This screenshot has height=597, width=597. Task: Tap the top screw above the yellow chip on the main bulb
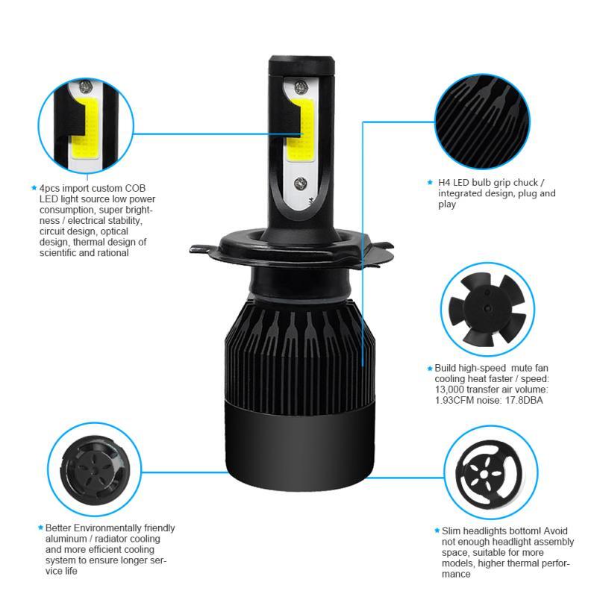pyautogui.click(x=300, y=87)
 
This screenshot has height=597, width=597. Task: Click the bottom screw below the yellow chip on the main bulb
pyautogui.click(x=300, y=181)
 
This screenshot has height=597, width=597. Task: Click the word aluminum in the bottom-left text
pyautogui.click(x=66, y=538)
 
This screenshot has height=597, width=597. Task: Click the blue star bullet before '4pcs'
pyautogui.click(x=34, y=189)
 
